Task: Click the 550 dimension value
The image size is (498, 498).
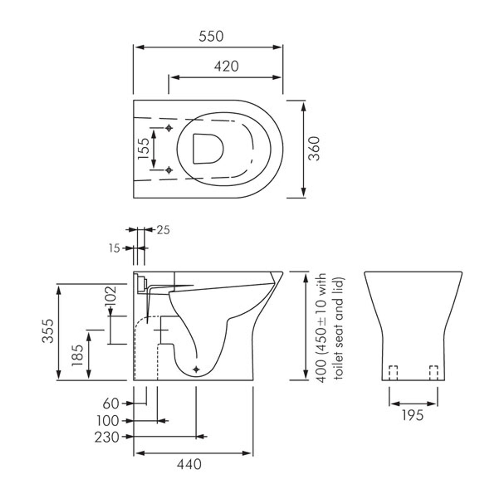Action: pyautogui.click(x=211, y=36)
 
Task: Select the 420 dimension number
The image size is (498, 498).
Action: pyautogui.click(x=226, y=66)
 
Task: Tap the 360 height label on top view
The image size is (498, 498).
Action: pyautogui.click(x=314, y=149)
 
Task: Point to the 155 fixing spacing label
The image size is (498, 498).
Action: pyautogui.click(x=144, y=149)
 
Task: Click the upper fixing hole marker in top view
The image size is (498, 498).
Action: pyautogui.click(x=169, y=128)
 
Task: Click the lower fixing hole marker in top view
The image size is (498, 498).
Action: pyautogui.click(x=169, y=170)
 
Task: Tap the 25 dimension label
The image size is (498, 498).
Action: pyautogui.click(x=163, y=230)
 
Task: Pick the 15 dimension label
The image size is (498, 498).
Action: pyautogui.click(x=114, y=248)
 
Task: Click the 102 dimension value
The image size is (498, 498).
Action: pyautogui.click(x=110, y=298)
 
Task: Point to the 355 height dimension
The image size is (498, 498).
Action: pyautogui.click(x=47, y=331)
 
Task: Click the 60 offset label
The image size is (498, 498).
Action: pyautogui.click(x=111, y=404)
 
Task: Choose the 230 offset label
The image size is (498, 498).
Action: pyautogui.click(x=106, y=437)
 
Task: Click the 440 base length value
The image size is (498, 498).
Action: pyautogui.click(x=189, y=464)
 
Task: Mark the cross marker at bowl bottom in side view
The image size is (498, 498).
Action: pyautogui.click(x=196, y=369)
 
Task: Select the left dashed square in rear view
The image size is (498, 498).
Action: pyautogui.click(x=393, y=373)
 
